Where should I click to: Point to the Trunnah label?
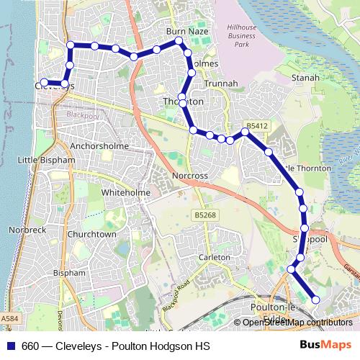click(x=222, y=84)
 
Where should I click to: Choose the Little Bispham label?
click(x=46, y=160)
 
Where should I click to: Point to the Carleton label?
click(x=213, y=257)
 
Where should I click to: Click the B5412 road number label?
click(x=257, y=125)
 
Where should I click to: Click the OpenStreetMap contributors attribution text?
click(x=297, y=323)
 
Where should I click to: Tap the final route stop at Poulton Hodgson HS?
click(x=315, y=300)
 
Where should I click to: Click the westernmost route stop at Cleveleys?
click(x=44, y=83)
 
